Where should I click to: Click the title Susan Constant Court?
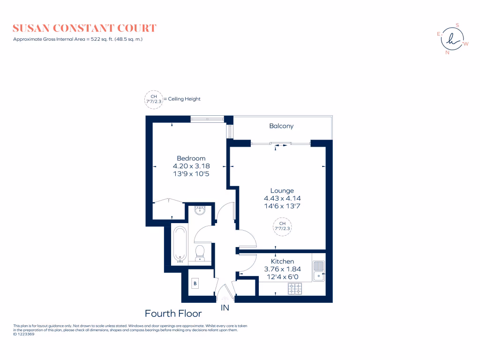click(84, 29)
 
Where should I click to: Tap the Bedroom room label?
click(191, 158)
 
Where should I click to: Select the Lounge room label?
click(282, 191)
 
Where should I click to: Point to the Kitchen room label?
click(282, 262)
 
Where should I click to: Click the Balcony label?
click(281, 126)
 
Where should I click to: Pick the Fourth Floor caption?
click(173, 314)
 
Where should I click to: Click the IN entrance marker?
click(225, 308)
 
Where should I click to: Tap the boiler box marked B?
click(195, 284)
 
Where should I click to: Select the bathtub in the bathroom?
click(180, 244)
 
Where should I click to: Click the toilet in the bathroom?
click(200, 252)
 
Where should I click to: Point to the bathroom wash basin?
click(200, 210)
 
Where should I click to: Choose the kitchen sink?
click(319, 271)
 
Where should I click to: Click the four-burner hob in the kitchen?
click(295, 289)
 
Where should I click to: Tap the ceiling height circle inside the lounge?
click(282, 226)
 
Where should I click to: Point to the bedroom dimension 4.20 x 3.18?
click(191, 166)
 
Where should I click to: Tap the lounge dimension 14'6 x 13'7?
click(282, 206)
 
